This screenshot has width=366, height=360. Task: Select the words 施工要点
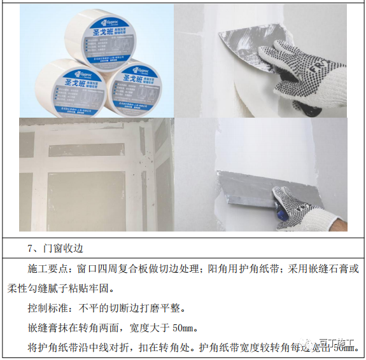pos(47,269)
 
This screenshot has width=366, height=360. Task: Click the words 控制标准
pos(47,308)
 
